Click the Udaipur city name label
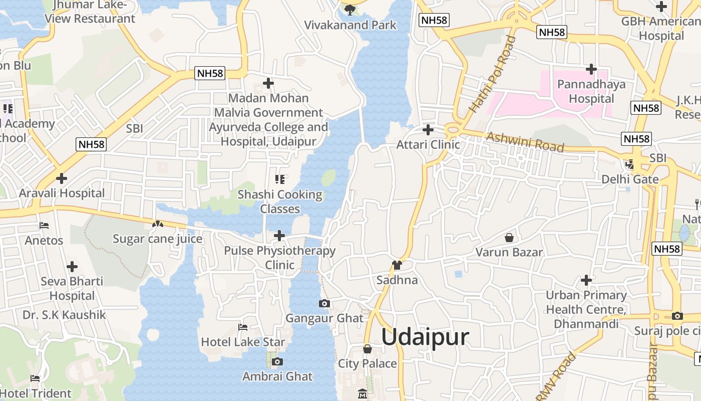425,337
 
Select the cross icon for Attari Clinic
428,130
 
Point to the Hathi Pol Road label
492,74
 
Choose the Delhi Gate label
630,179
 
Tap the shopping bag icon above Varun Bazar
509,237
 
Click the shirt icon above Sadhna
397,265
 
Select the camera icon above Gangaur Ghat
324,303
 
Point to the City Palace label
368,363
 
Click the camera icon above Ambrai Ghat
277,361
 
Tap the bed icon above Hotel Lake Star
243,327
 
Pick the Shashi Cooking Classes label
280,202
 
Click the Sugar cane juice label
157,239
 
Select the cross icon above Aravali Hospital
62,178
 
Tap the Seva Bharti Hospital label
72,288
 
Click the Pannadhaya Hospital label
591,91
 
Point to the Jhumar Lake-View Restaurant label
90,12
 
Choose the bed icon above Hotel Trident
35,378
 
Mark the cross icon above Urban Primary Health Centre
586,280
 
